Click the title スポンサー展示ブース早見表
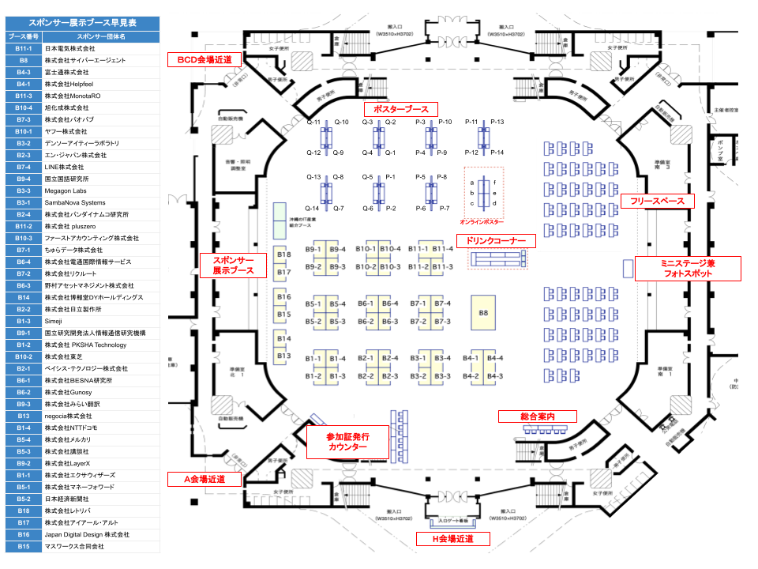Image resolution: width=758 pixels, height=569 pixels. [82, 24]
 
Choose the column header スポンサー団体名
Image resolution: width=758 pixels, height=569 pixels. [101, 36]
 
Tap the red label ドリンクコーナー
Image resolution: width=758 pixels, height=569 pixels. [496, 240]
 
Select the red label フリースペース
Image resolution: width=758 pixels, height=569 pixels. [657, 202]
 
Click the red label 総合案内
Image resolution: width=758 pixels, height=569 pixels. [537, 416]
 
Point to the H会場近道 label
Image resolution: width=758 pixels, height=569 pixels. [453, 539]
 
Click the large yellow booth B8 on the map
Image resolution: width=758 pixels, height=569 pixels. [483, 314]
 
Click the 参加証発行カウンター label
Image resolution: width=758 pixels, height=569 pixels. [347, 442]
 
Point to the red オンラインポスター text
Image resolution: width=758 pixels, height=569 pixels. [482, 223]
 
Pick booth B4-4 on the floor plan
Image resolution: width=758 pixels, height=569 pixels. [495, 359]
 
